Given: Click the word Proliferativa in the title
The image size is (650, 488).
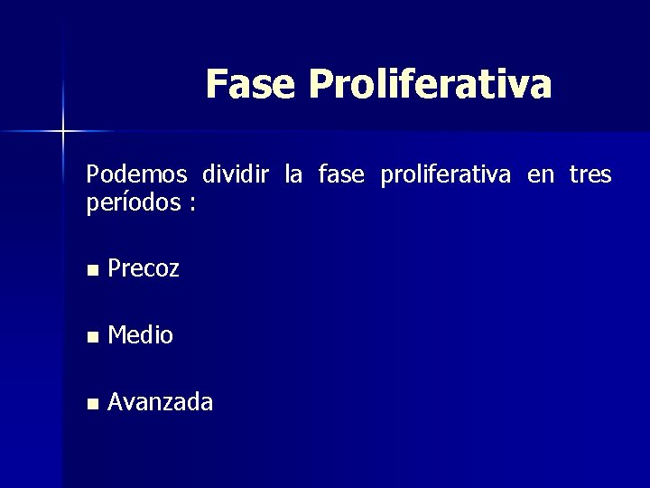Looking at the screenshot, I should point(430,84).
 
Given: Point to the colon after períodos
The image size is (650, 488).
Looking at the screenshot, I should point(191,204).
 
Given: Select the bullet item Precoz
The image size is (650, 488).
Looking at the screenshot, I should point(143,268).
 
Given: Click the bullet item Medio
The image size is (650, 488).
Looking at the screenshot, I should point(140,335).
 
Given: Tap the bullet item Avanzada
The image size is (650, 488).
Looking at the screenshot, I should point(160,401).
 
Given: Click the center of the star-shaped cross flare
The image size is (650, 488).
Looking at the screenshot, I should point(63,132).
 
